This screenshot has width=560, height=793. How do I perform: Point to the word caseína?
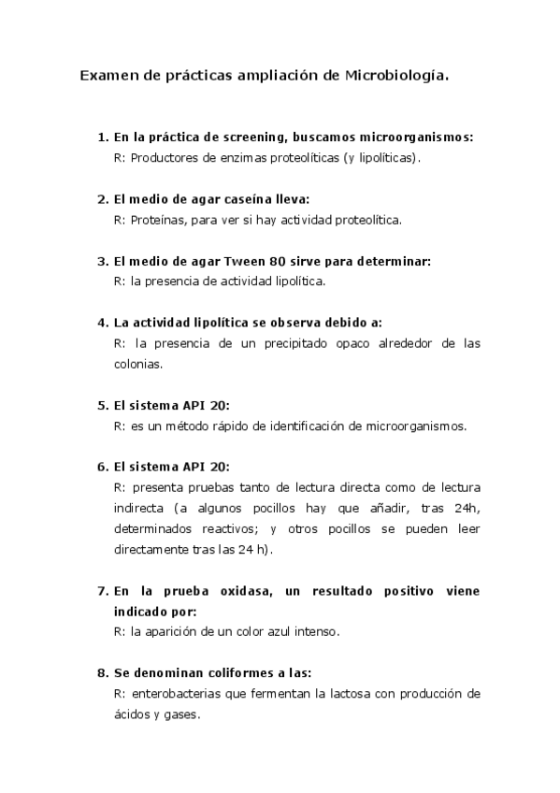point(248,199)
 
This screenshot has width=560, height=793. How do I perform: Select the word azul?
point(280,631)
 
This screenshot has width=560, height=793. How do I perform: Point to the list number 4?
point(102,323)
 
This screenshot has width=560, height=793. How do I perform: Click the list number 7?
point(102,591)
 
